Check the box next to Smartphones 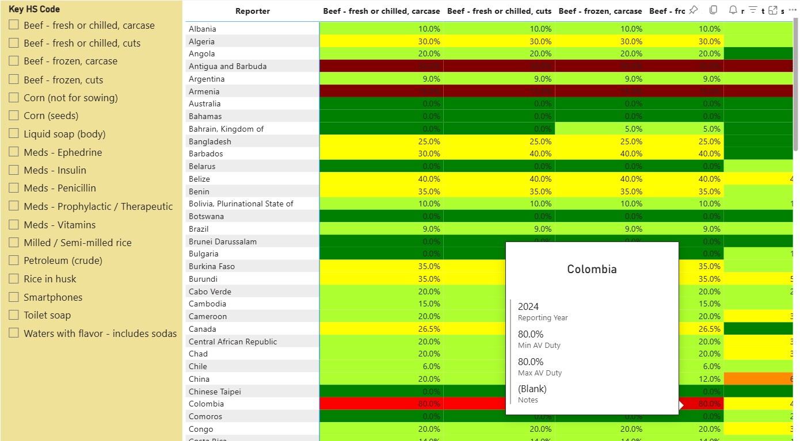coord(14,297)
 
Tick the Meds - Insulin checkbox coord(14,170)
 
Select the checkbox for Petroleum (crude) coord(14,260)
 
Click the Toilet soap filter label coord(55,315)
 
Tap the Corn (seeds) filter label coord(51,116)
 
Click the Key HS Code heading coord(34,9)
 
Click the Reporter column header coord(252,11)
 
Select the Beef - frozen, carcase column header coord(600,11)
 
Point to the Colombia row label coord(206,404)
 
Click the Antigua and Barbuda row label coord(227,66)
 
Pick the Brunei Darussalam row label coord(223,241)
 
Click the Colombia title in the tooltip coord(592,269)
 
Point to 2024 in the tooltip coord(528,306)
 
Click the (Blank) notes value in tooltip coord(532,389)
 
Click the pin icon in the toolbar coord(694,10)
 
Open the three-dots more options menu coord(792,10)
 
